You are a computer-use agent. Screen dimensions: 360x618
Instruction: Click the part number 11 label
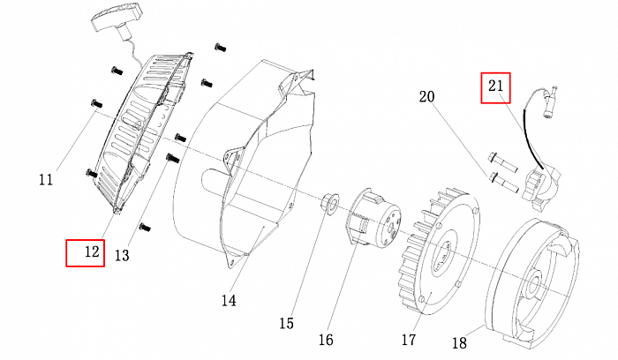pos(46,180)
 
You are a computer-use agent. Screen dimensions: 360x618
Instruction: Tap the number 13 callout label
pos(122,255)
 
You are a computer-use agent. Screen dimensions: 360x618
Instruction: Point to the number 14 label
pos(229,300)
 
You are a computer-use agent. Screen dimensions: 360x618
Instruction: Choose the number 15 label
pos(286,323)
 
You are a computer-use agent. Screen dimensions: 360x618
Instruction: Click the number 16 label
pos(326,340)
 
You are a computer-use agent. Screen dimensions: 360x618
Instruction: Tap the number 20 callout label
pos(427,95)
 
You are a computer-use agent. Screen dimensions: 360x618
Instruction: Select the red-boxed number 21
pos(494,86)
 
